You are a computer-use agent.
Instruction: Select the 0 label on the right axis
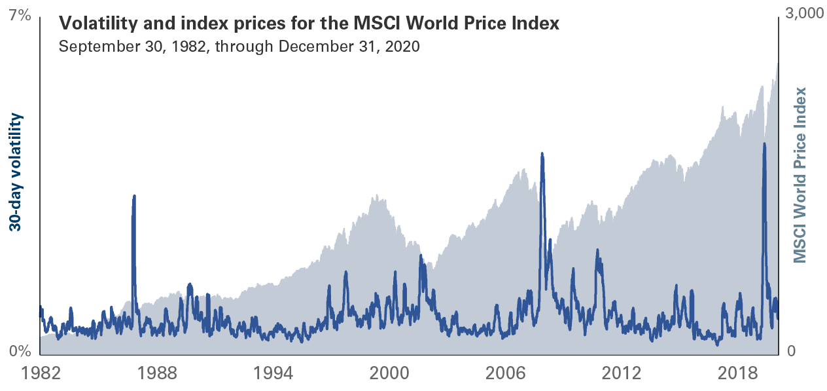tap(790, 352)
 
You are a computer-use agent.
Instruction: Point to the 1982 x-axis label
tap(43, 374)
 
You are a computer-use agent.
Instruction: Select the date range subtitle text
tap(238, 47)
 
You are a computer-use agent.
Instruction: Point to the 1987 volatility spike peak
tap(134, 196)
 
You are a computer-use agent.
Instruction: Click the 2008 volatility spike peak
tap(542, 154)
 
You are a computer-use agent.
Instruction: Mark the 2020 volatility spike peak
tap(764, 143)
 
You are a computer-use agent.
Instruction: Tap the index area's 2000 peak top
tap(378, 195)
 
